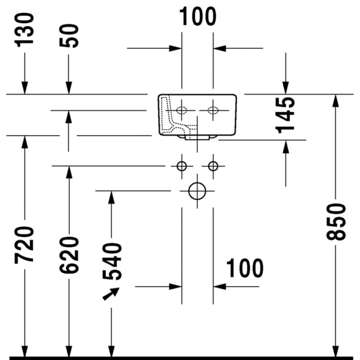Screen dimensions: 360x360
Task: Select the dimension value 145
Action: coord(286,114)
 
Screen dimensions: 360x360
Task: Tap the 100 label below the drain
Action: coord(244,269)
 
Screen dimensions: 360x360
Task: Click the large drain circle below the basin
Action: coord(197,191)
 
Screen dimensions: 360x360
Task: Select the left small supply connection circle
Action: coord(181,166)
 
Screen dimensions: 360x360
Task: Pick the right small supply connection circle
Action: coord(213,166)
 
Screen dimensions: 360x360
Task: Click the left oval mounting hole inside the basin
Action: coord(182,110)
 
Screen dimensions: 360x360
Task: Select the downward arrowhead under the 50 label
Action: coord(69,88)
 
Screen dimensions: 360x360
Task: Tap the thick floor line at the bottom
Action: coord(180,358)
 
